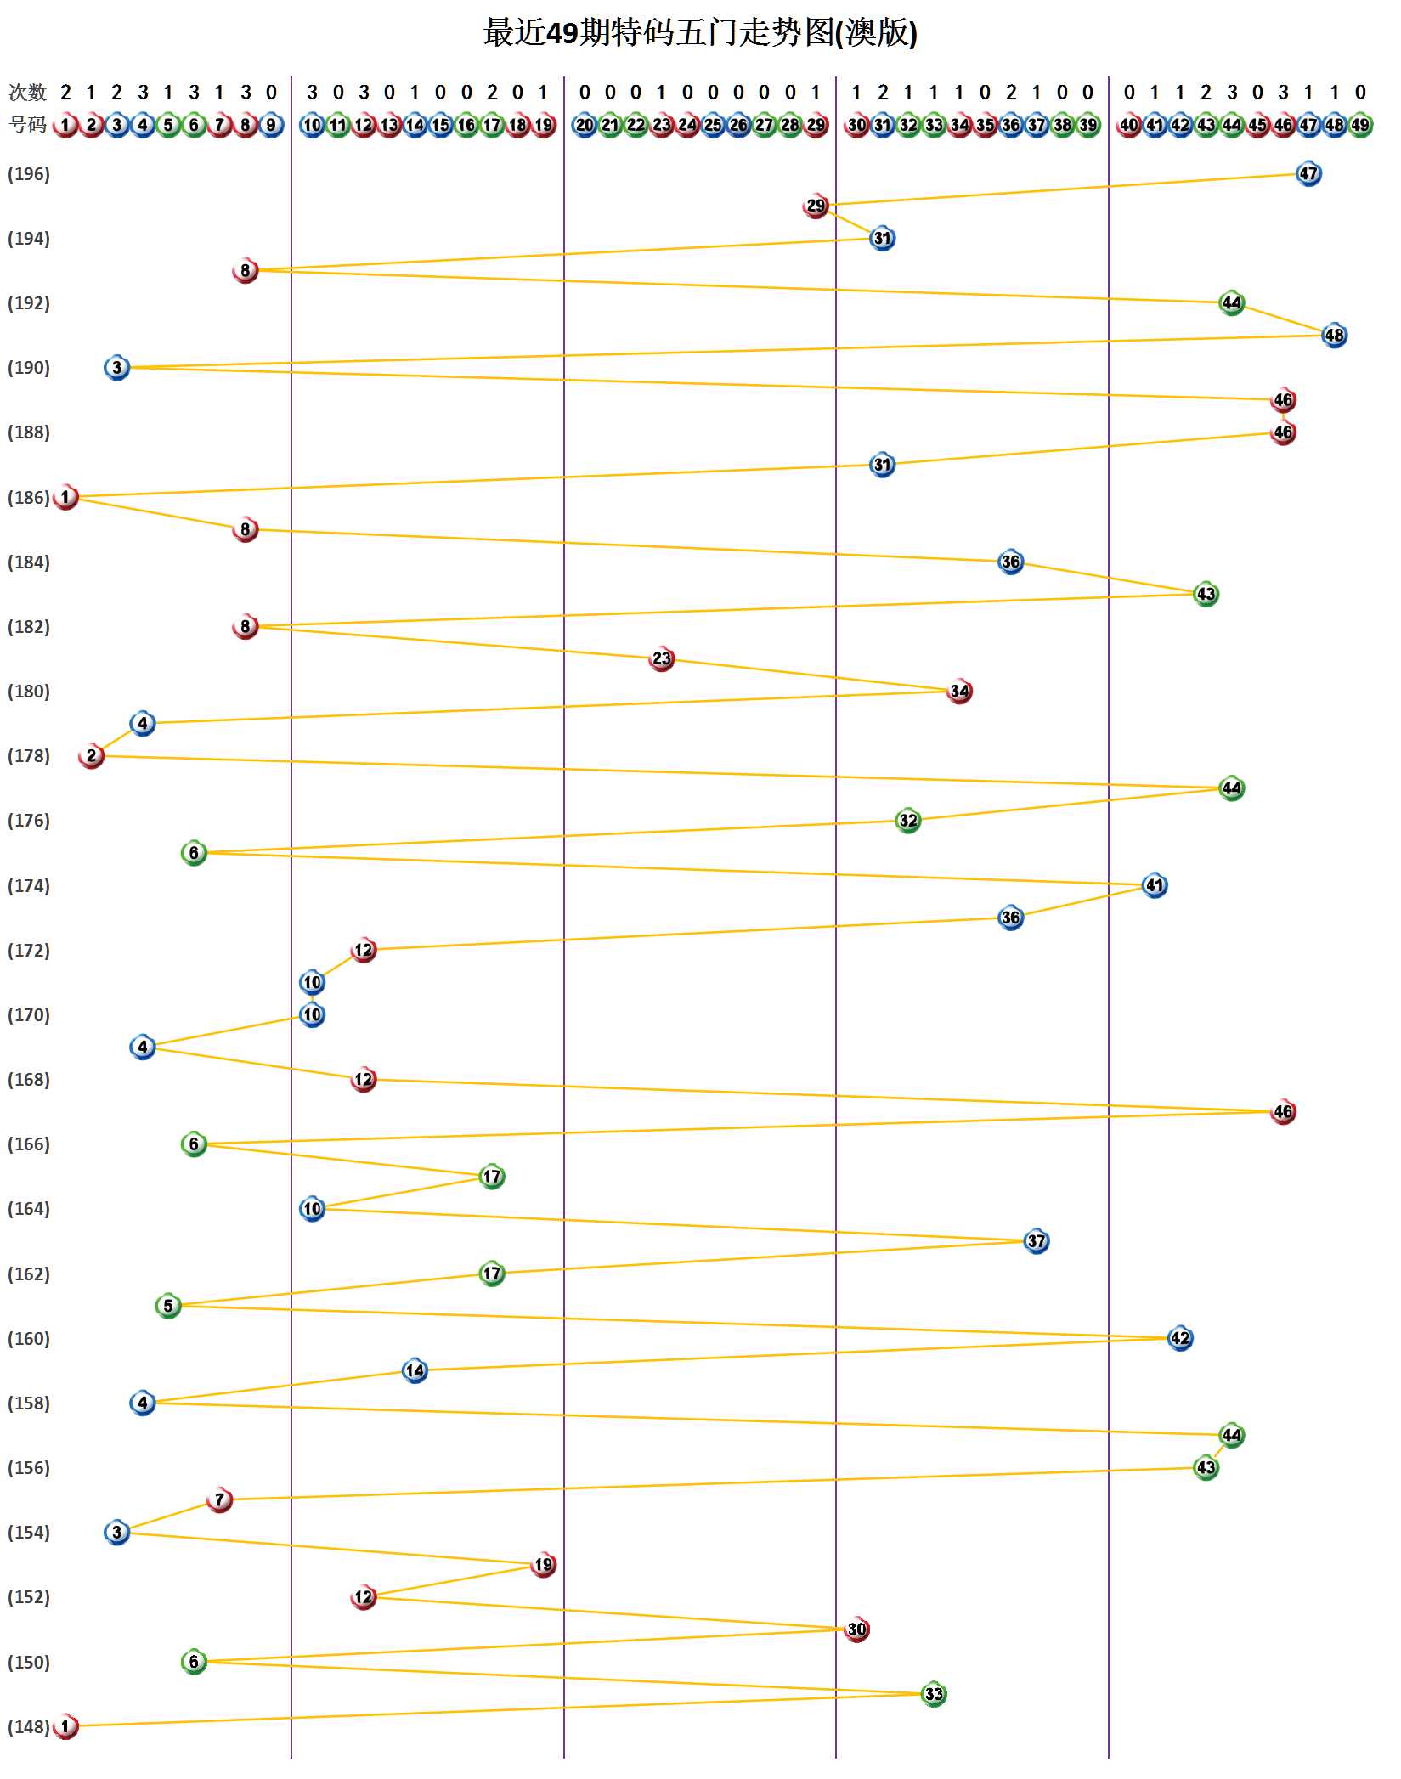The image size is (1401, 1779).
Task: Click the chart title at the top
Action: point(700,33)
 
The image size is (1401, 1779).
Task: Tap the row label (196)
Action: point(29,174)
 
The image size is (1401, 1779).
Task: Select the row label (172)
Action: point(29,951)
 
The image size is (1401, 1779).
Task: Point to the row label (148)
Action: point(29,1727)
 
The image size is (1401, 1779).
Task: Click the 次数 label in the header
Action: point(27,92)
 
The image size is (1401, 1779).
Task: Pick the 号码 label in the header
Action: point(27,125)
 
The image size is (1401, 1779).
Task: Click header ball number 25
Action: point(713,125)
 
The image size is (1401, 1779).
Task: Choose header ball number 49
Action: point(1360,125)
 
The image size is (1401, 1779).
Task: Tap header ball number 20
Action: point(585,125)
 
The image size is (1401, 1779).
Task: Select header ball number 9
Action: point(271,125)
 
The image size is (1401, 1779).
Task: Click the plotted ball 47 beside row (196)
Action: point(1308,174)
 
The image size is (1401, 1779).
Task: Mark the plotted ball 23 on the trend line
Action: point(662,658)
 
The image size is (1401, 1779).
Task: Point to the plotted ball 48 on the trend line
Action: point(1335,335)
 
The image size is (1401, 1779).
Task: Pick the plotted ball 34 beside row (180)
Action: point(960,691)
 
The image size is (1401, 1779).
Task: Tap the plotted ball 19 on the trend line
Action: point(544,1564)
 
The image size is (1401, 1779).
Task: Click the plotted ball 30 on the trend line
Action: point(857,1629)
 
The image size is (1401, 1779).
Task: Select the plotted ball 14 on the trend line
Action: point(415,1370)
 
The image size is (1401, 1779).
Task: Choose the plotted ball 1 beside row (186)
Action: point(65,497)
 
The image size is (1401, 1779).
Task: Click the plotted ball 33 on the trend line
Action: point(934,1694)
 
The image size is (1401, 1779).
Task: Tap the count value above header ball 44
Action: point(1232,92)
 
